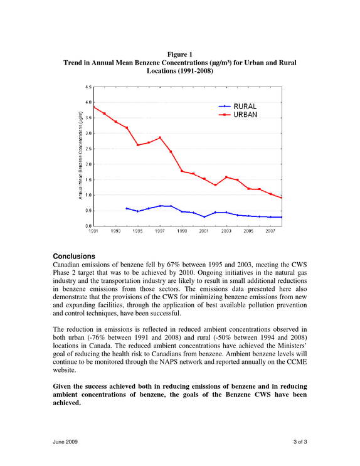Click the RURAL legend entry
click(238, 107)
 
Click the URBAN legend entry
click(238, 115)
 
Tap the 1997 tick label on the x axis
click(160, 231)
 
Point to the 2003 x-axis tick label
click(226, 231)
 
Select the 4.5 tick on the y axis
click(88, 87)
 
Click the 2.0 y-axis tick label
click(88, 164)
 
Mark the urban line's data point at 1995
click(137, 145)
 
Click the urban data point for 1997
click(160, 137)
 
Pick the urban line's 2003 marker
click(226, 177)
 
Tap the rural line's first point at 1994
click(127, 208)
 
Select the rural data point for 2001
click(204, 217)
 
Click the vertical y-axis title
click(80, 156)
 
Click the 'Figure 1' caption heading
click(180, 55)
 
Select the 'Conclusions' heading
click(74, 256)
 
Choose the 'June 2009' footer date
click(65, 442)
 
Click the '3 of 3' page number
click(300, 442)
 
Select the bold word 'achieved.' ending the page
click(67, 403)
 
